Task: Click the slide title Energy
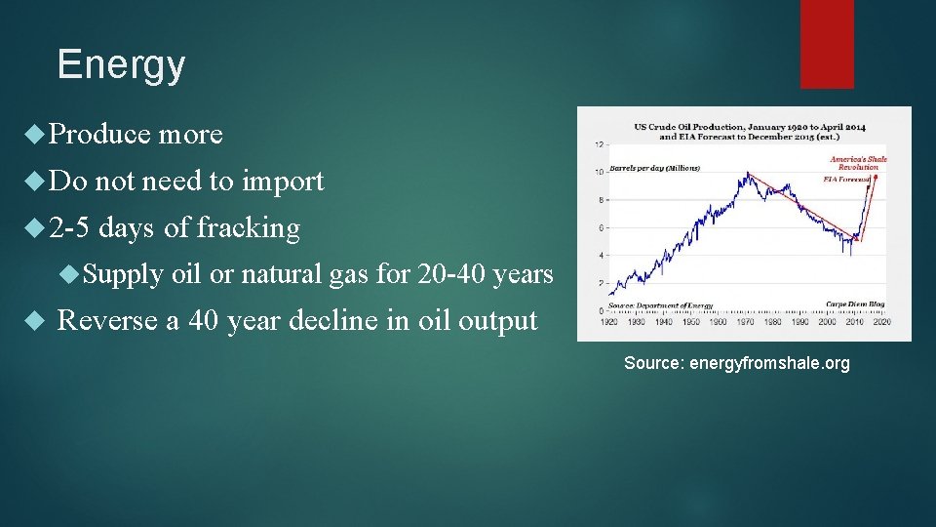(x=121, y=65)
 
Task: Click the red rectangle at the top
(x=827, y=43)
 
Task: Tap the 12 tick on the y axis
(x=598, y=144)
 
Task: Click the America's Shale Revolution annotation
(x=858, y=162)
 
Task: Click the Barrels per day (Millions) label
(x=655, y=168)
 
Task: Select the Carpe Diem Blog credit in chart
(x=854, y=305)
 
